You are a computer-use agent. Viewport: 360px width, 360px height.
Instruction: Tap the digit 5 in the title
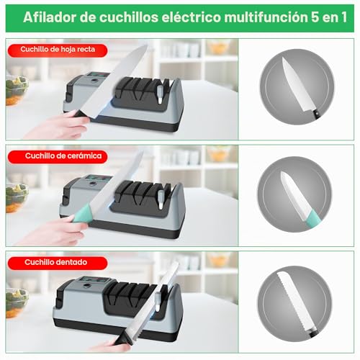[x=315, y=17]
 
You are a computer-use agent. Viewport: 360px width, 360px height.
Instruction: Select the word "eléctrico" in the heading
[x=191, y=17]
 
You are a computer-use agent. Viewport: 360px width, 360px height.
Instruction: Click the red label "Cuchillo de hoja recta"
[x=58, y=50]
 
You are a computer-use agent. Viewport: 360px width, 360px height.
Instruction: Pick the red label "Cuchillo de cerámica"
[x=58, y=156]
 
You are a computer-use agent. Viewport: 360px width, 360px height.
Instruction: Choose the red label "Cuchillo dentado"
[x=58, y=263]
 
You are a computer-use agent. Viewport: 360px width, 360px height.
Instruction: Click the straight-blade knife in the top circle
[x=300, y=88]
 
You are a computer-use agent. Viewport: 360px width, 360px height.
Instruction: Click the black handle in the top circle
[x=316, y=114]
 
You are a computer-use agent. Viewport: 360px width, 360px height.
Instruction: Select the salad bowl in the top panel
[x=17, y=91]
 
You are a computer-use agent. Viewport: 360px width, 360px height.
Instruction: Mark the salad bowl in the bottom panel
[x=17, y=303]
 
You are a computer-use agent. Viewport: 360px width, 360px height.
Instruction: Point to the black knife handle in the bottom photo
[x=122, y=338]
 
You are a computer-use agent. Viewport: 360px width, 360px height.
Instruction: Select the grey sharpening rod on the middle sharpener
[x=161, y=199]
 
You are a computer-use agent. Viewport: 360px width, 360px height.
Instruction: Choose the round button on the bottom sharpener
[x=86, y=286]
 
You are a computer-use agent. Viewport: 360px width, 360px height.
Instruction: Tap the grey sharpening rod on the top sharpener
[x=160, y=95]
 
